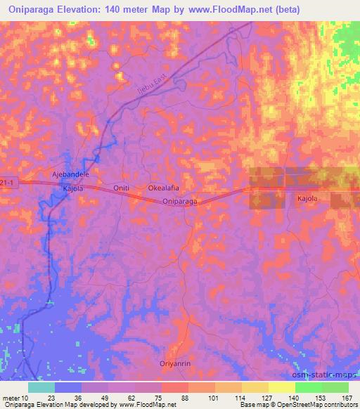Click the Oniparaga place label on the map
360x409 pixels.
pyautogui.click(x=179, y=202)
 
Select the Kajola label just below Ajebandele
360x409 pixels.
pyautogui.click(x=74, y=189)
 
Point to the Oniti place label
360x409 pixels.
pyautogui.click(x=122, y=188)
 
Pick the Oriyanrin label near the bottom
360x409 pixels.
pyautogui.click(x=184, y=355)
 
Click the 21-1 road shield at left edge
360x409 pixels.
pyautogui.click(x=6, y=181)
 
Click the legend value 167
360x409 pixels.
pyautogui.click(x=346, y=398)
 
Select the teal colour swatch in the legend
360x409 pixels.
pyautogui.click(x=41, y=387)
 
